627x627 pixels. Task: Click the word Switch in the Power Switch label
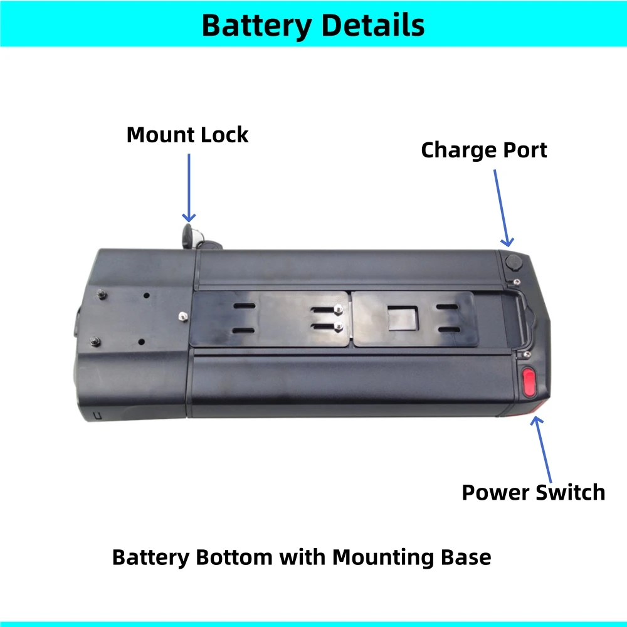572,492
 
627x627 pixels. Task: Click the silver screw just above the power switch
519,355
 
